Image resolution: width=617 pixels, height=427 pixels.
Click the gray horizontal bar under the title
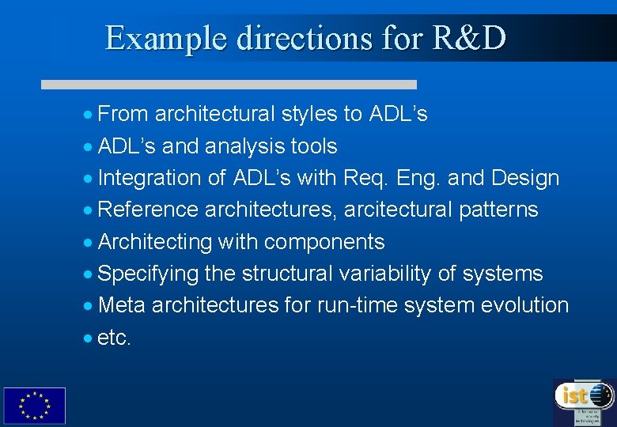click(229, 84)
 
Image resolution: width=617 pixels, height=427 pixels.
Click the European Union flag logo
click(34, 406)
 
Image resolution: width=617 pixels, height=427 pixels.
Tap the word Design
click(524, 178)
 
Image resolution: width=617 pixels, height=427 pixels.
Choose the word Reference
click(148, 210)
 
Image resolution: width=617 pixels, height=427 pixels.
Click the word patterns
click(498, 210)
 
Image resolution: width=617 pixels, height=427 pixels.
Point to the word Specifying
click(148, 274)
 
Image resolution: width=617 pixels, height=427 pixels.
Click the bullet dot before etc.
click(88, 338)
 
